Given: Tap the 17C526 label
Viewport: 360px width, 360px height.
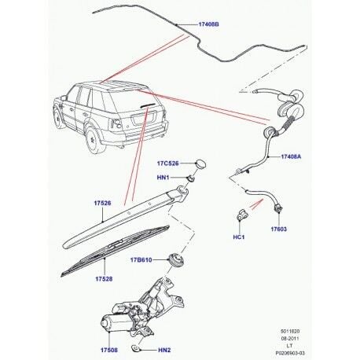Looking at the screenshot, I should tap(167, 163).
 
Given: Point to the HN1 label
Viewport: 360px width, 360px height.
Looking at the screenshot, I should tap(167, 178).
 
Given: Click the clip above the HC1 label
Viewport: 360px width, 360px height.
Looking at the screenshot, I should tap(241, 215).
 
